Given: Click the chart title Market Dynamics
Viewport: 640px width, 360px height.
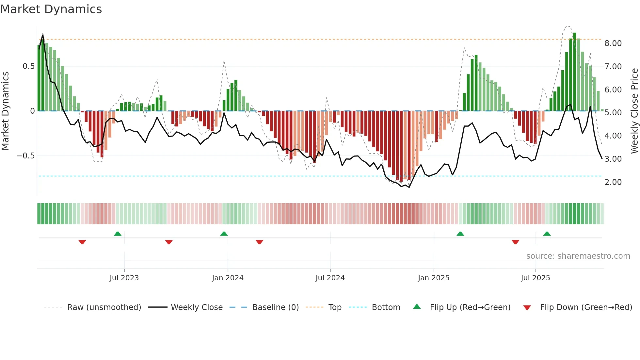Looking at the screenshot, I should tap(51, 9).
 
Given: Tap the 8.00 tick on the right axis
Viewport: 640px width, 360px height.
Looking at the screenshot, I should tap(613, 43).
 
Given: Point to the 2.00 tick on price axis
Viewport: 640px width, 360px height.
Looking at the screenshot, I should tap(613, 182).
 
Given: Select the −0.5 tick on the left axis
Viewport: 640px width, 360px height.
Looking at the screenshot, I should tap(25, 156).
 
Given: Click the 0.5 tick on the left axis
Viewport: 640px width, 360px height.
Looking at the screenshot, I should tap(28, 66).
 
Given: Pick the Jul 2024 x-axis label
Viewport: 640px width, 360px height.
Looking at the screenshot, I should tap(330, 278).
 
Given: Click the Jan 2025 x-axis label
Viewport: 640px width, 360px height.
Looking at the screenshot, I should tap(433, 278).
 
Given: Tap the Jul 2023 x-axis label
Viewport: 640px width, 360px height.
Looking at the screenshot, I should tap(124, 278).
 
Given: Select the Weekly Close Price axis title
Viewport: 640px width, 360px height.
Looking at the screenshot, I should tap(634, 111).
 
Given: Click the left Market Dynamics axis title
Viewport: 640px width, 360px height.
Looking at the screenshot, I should tap(5, 111).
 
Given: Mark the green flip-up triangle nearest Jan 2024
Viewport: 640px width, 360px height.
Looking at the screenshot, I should tap(224, 234).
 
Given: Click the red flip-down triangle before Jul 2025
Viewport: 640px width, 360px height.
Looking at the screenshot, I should tap(515, 242).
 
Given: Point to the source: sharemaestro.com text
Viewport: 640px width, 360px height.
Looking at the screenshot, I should tap(578, 256).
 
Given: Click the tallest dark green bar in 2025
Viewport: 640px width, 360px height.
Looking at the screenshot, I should tap(574, 72).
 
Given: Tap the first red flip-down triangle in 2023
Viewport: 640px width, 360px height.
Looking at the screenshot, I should tap(82, 242).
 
